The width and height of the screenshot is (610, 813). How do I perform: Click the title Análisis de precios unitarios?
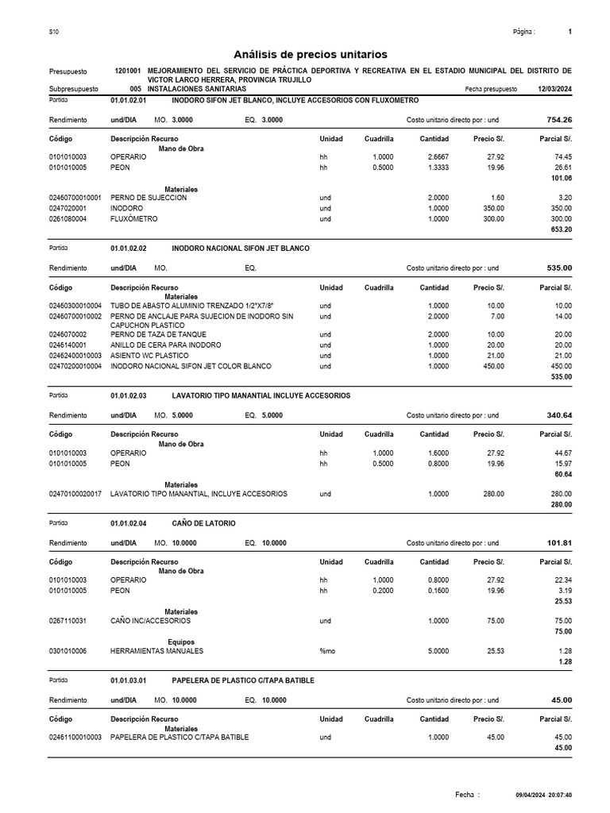pyautogui.click(x=311, y=54)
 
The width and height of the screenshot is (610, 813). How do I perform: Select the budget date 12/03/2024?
pyautogui.click(x=554, y=89)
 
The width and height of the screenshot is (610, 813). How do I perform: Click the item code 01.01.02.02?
pyautogui.click(x=129, y=249)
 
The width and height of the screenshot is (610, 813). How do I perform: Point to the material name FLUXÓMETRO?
pyautogui.click(x=134, y=218)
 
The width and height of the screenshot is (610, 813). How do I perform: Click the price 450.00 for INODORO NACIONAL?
pyautogui.click(x=490, y=366)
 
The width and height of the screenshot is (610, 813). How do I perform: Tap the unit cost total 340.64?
pyautogui.click(x=556, y=414)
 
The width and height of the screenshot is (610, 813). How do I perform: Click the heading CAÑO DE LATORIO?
pyautogui.click(x=203, y=522)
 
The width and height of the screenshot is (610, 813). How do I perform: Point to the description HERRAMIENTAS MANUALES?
pyautogui.click(x=156, y=651)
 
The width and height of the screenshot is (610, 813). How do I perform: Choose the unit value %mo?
pyautogui.click(x=327, y=651)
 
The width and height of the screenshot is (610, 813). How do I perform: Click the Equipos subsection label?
pyautogui.click(x=181, y=642)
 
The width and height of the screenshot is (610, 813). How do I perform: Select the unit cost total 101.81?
pyautogui.click(x=556, y=542)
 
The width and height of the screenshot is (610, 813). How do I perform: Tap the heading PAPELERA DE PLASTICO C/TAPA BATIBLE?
pyautogui.click(x=243, y=680)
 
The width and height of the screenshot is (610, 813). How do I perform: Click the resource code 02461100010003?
pyautogui.click(x=75, y=738)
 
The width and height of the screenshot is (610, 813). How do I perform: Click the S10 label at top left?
pyautogui.click(x=53, y=32)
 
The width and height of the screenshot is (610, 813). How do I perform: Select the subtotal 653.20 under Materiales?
pyautogui.click(x=561, y=229)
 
